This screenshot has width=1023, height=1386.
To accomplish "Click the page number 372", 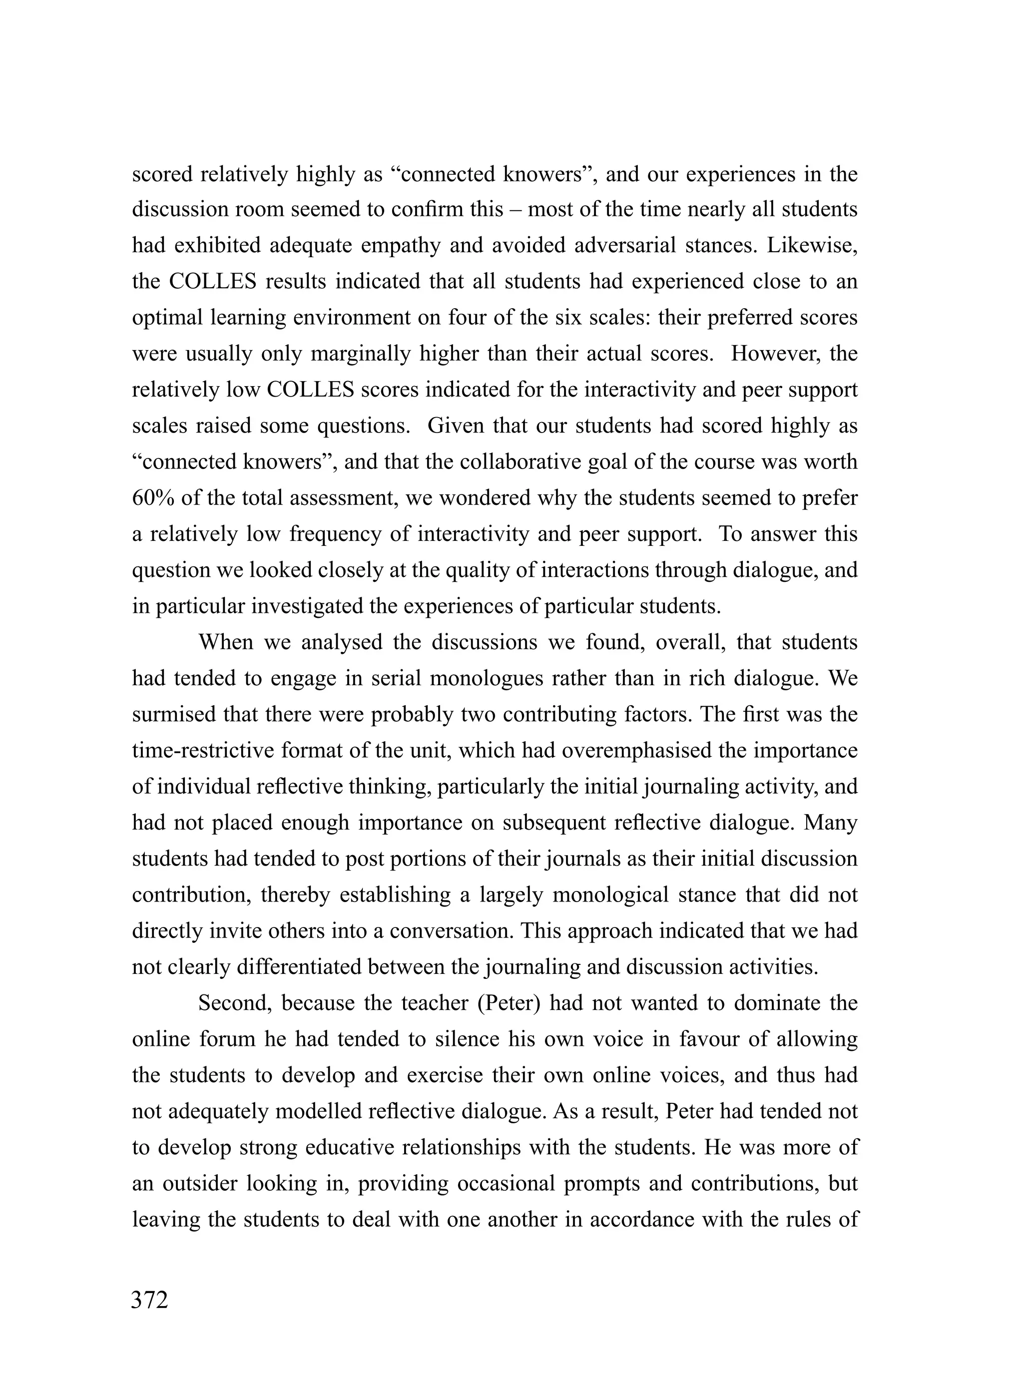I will click(149, 1300).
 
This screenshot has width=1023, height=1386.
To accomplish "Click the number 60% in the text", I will click(152, 497).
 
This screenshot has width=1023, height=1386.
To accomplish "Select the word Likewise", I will click(812, 245).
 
